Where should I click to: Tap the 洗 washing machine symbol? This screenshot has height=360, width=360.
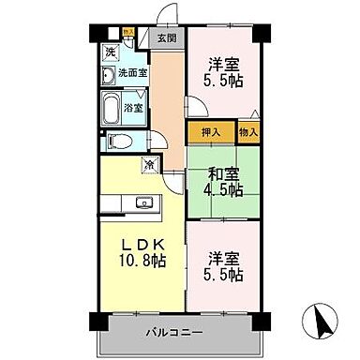tap(110, 52)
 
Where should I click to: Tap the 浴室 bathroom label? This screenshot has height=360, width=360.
tap(133, 108)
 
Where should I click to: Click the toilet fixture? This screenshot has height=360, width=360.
tap(116, 142)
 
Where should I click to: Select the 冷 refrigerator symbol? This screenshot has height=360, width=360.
tap(149, 166)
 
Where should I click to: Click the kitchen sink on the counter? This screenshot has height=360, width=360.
tap(143, 202)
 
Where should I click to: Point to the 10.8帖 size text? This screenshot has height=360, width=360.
tap(143, 262)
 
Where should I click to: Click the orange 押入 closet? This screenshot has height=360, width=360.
tap(211, 133)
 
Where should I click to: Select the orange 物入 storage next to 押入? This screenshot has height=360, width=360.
tap(247, 133)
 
